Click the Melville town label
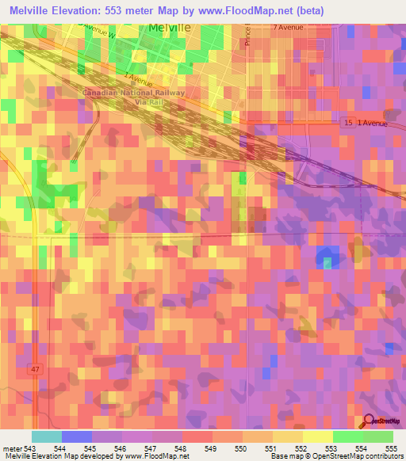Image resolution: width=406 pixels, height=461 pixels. (x=170, y=27)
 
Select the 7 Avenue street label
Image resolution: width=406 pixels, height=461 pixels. (x=289, y=28)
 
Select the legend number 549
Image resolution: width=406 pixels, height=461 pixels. (x=212, y=448)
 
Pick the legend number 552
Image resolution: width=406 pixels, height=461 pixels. (x=302, y=448)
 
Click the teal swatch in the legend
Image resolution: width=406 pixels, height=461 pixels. (x=47, y=436)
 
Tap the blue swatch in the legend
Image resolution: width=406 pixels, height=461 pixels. (x=77, y=436)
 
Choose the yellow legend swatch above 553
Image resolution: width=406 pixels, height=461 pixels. (x=317, y=436)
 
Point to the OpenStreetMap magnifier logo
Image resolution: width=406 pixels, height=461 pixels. (x=370, y=422)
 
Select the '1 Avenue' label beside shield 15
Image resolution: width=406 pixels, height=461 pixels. (x=376, y=123)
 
